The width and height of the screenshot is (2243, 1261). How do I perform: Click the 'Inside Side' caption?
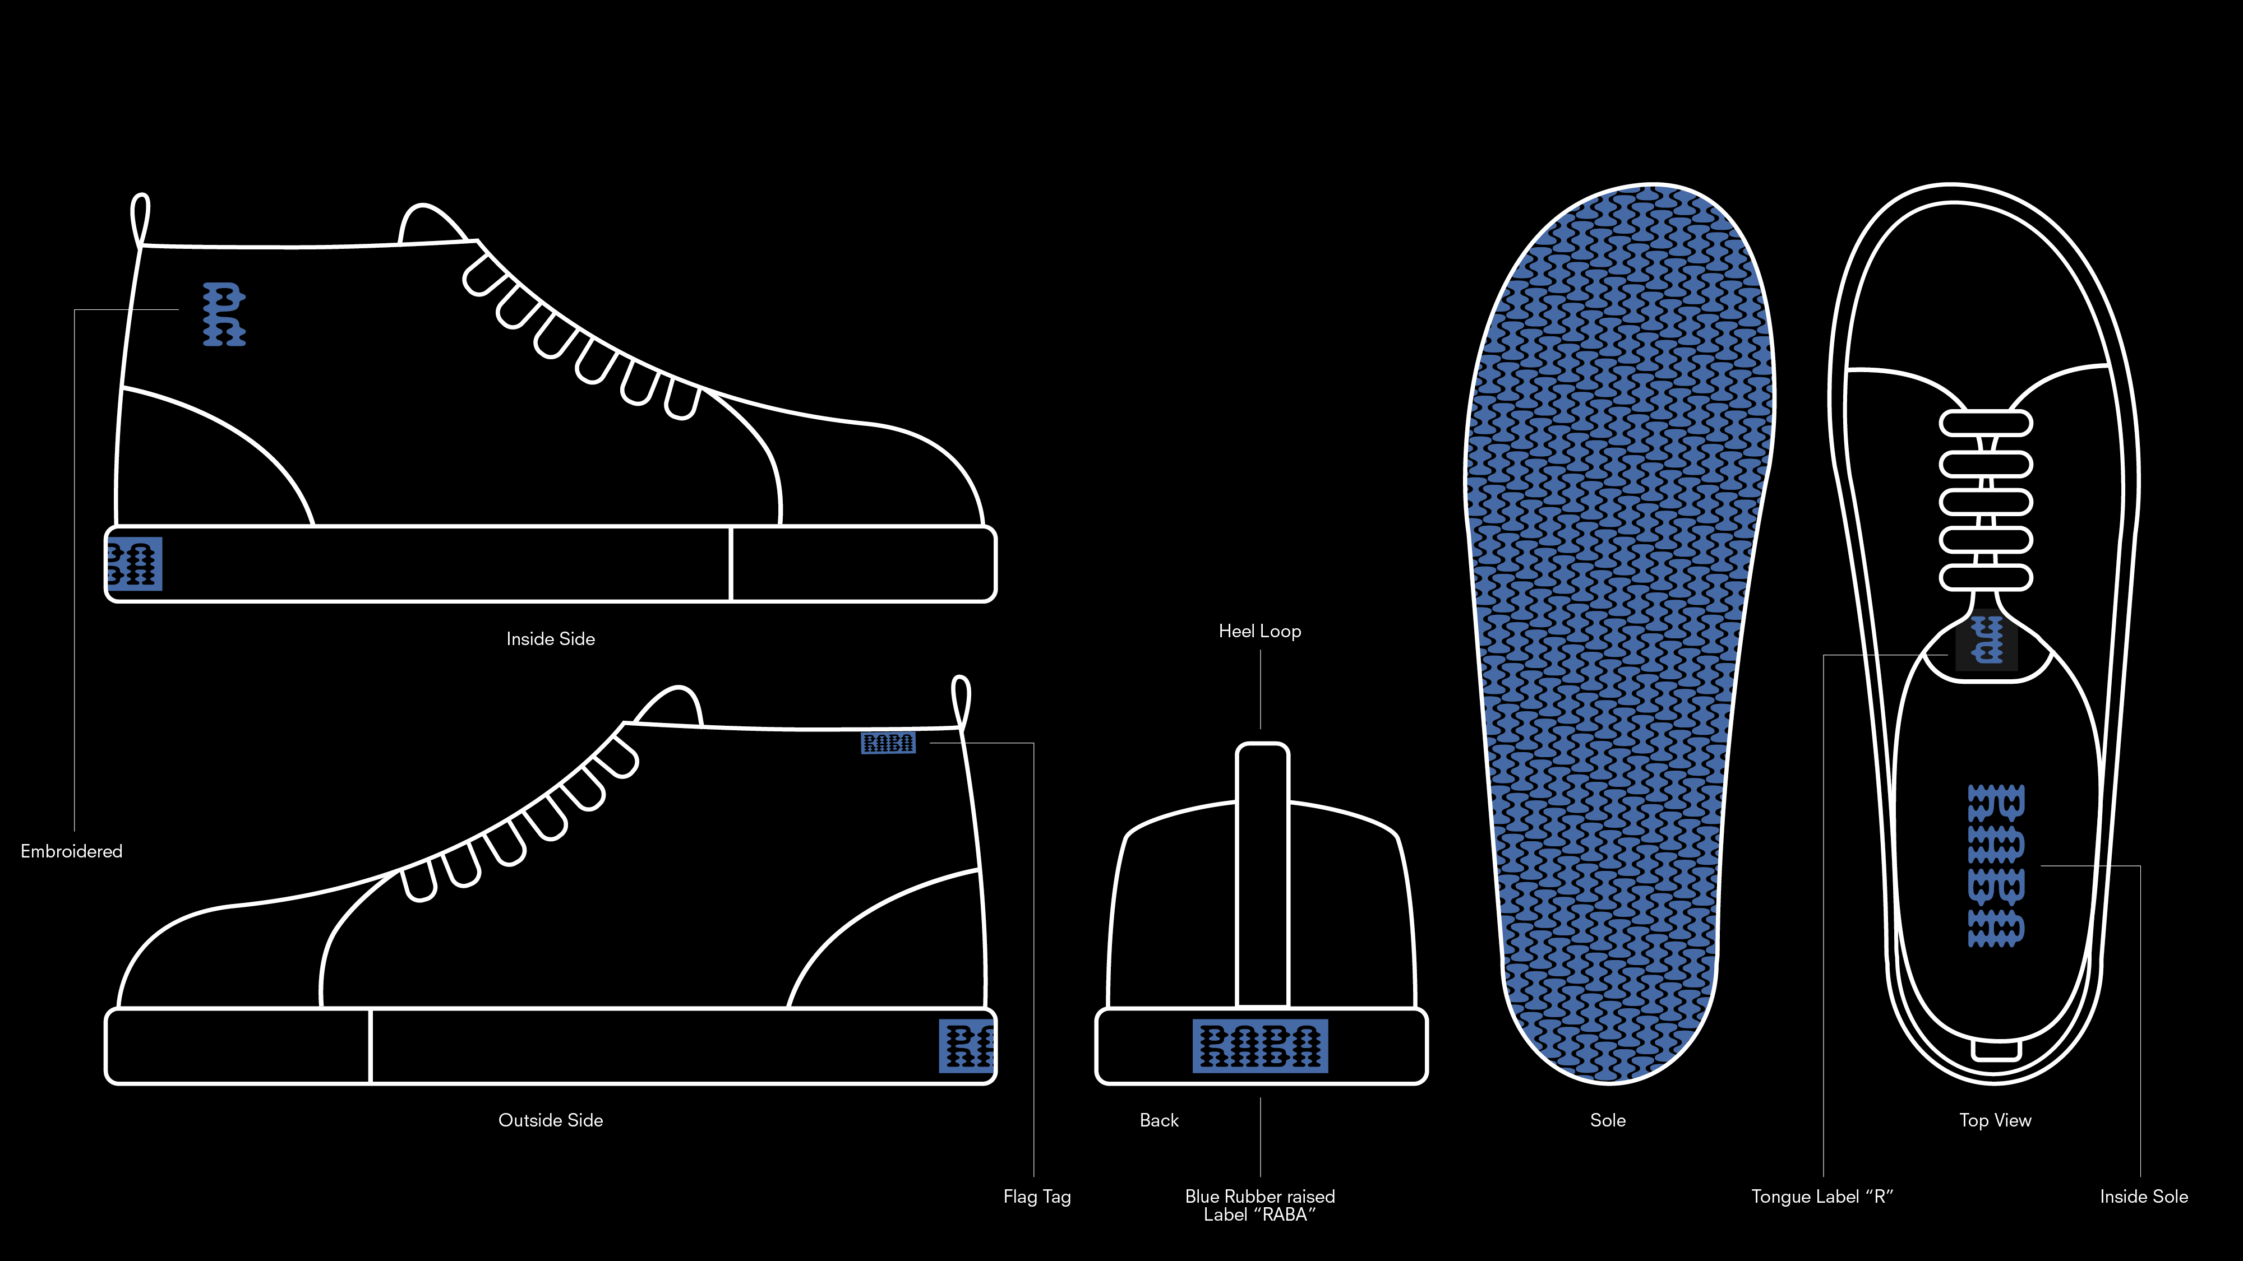pos(550,639)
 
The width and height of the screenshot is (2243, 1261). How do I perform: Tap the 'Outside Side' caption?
pos(550,1120)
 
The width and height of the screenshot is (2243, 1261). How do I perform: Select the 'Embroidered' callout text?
pos(71,851)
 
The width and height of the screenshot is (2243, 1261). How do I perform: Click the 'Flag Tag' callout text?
pos(1036,1197)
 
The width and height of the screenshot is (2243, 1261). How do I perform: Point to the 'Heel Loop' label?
pos(1259,631)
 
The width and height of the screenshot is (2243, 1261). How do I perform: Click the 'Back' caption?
pos(1159,1120)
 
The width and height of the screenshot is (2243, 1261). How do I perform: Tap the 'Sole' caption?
pos(1607,1120)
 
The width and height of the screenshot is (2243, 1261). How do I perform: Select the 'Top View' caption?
pos(1995,1120)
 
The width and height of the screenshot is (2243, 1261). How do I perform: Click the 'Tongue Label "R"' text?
pos(1821,1197)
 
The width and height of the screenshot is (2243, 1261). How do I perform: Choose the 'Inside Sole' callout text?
pos(2143,1197)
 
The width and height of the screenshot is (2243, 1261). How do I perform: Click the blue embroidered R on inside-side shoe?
pos(224,314)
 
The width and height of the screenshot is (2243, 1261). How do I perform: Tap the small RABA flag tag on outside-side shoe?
pos(888,743)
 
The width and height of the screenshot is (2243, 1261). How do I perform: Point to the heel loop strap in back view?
pos(1262,870)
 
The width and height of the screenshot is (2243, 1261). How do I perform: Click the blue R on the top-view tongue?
pos(1987,641)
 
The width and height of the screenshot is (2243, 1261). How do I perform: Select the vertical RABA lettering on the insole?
pos(1996,865)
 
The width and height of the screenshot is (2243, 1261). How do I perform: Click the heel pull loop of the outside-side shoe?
pos(961,701)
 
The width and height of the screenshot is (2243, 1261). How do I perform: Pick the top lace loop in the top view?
pos(1985,424)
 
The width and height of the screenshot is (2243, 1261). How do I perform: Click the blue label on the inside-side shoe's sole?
pos(134,564)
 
